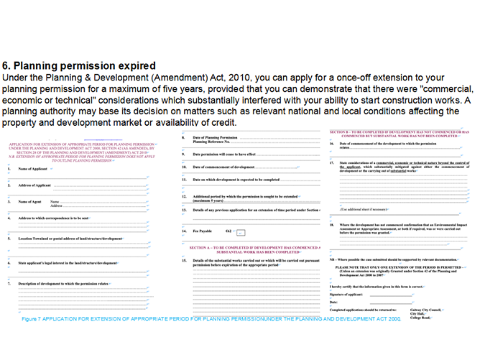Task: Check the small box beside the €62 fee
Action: pos(241,232)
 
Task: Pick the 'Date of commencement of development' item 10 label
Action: pos(223,167)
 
